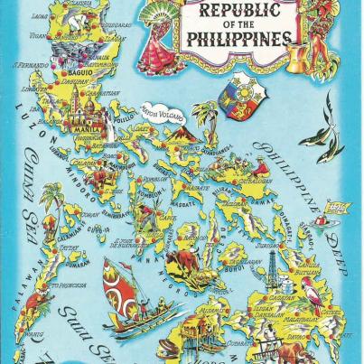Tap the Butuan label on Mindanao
point(306,270)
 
